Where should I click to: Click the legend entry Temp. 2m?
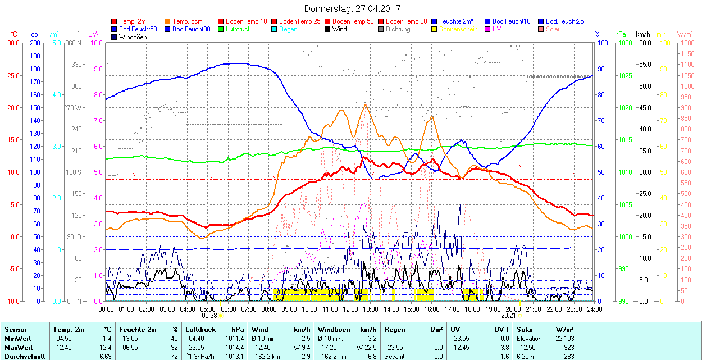point(133,21)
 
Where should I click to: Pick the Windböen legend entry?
point(133,37)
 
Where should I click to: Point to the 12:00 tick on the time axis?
point(350,309)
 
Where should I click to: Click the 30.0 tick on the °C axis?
point(14,43)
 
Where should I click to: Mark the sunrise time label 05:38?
point(208,316)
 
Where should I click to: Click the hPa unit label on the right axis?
point(620,34)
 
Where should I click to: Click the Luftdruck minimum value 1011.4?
point(235,339)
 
